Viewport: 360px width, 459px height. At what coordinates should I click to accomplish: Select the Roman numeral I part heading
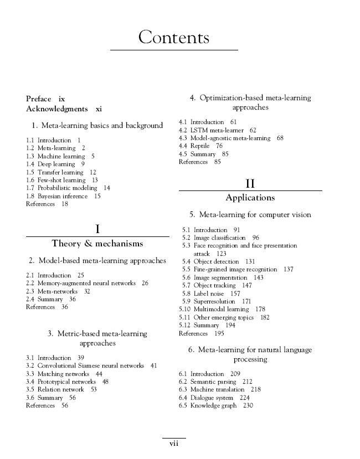(x=97, y=229)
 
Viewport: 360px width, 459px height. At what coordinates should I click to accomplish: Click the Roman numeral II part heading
(x=250, y=183)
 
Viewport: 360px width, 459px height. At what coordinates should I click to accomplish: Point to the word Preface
(x=39, y=99)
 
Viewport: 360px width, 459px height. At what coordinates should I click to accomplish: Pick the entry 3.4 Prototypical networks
(x=60, y=381)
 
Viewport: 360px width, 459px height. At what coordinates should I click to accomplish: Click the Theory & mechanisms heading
(x=97, y=244)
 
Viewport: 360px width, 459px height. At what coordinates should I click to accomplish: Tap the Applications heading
(x=250, y=198)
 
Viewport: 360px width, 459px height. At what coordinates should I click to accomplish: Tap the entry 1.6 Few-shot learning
(x=55, y=180)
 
